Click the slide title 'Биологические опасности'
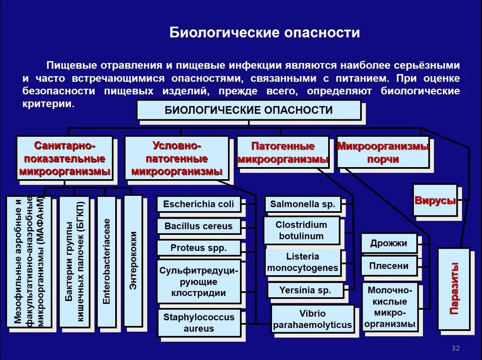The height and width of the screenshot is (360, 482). coord(264,33)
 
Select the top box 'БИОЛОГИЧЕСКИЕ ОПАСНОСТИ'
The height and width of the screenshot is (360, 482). coord(249,110)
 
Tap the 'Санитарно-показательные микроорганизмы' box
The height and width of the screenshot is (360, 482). coord(64,158)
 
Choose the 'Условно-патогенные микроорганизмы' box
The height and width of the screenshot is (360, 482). coord(176,158)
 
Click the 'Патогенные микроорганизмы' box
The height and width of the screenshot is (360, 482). coord(283,153)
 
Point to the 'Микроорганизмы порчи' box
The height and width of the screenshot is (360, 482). coord(383,153)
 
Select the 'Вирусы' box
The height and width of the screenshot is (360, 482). coord(435,200)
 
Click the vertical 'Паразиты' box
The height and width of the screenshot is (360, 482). coord(454,288)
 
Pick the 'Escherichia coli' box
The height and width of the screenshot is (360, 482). coord(199,204)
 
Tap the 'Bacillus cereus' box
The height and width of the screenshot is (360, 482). coord(199,226)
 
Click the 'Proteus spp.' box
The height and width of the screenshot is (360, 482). coord(199,248)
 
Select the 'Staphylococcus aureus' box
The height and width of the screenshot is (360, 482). coord(199,323)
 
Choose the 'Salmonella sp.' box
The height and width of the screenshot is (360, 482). coord(302,204)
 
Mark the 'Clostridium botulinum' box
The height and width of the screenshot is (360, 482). coord(301,230)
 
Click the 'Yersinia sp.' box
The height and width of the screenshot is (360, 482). coord(305,290)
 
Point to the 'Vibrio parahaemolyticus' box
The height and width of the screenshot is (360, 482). coord(312,319)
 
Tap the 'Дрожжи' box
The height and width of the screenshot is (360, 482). coord(388,243)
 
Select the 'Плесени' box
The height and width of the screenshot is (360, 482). coord(388,266)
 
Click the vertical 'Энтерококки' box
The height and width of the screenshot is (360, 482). coord(133,261)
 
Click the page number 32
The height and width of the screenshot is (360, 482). coord(455,348)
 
